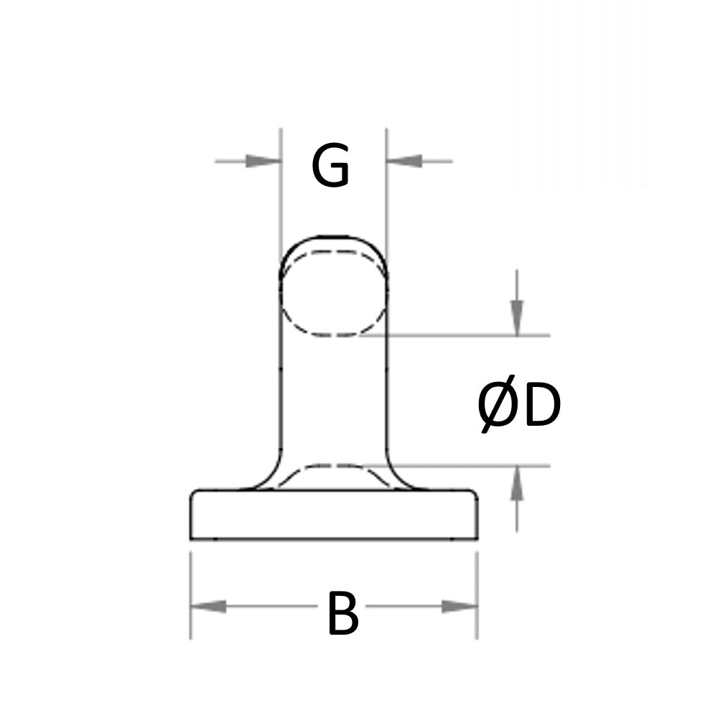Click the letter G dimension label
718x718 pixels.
[x=330, y=167]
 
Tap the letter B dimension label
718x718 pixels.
[x=342, y=615]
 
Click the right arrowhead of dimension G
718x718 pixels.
[x=404, y=161]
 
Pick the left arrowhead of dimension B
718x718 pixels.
[x=209, y=607]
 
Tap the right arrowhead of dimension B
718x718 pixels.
[x=459, y=607]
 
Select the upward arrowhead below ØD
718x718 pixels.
[x=517, y=484]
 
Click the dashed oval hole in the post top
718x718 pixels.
[x=333, y=293]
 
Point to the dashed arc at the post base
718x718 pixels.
[x=333, y=468]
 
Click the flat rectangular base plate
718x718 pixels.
[x=333, y=516]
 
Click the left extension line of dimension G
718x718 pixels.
[x=280, y=194]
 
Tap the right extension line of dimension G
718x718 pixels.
[x=387, y=194]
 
